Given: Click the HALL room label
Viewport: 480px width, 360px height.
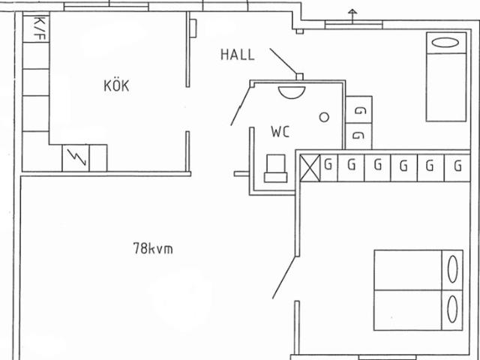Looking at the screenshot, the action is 238,55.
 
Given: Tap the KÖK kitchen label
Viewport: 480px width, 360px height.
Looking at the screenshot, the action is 116,85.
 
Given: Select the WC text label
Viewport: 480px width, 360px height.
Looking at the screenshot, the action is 280,132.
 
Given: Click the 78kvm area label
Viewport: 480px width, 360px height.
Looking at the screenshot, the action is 153,248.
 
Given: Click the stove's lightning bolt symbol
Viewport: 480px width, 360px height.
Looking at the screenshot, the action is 76,157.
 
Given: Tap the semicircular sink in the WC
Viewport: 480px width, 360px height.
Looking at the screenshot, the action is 292,92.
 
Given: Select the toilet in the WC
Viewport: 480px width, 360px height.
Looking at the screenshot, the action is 275,168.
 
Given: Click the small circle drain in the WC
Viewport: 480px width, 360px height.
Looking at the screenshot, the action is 324,117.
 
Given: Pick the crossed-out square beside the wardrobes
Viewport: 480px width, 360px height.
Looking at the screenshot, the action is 310,168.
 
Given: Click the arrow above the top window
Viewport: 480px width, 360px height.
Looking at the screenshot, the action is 352,16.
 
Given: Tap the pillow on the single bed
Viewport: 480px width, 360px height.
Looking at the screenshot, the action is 446,43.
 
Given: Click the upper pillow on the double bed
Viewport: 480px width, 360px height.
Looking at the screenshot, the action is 453,269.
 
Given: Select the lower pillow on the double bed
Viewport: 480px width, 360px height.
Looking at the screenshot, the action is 453,309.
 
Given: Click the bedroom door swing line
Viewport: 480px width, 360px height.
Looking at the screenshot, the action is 284,277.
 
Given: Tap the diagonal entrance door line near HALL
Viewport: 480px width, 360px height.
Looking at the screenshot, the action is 283,61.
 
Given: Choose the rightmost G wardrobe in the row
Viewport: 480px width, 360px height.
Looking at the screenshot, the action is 457,168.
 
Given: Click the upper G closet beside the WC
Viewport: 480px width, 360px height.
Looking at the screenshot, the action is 359,109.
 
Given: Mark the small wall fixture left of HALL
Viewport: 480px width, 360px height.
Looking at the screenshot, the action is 193,28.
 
